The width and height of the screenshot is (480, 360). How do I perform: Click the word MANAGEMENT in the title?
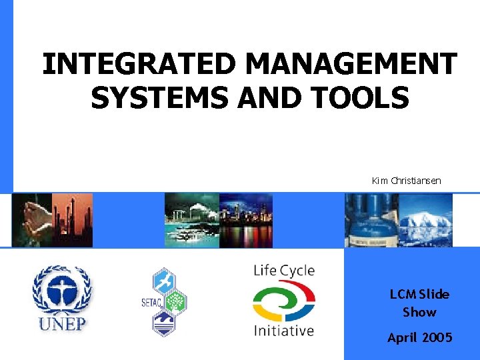tap(351, 65)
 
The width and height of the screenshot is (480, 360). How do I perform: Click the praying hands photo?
tap(33, 220)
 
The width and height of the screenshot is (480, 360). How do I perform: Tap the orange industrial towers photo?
tap(73, 220)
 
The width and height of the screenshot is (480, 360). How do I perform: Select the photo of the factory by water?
tap(191, 220)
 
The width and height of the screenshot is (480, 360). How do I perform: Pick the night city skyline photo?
tap(245, 220)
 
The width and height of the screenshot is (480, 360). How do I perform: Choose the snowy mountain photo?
tap(425, 220)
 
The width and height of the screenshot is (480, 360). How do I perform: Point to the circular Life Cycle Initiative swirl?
tap(283, 301)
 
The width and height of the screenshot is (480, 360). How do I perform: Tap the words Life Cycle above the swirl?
tap(284, 271)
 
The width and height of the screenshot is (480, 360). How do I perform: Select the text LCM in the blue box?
tap(404, 294)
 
